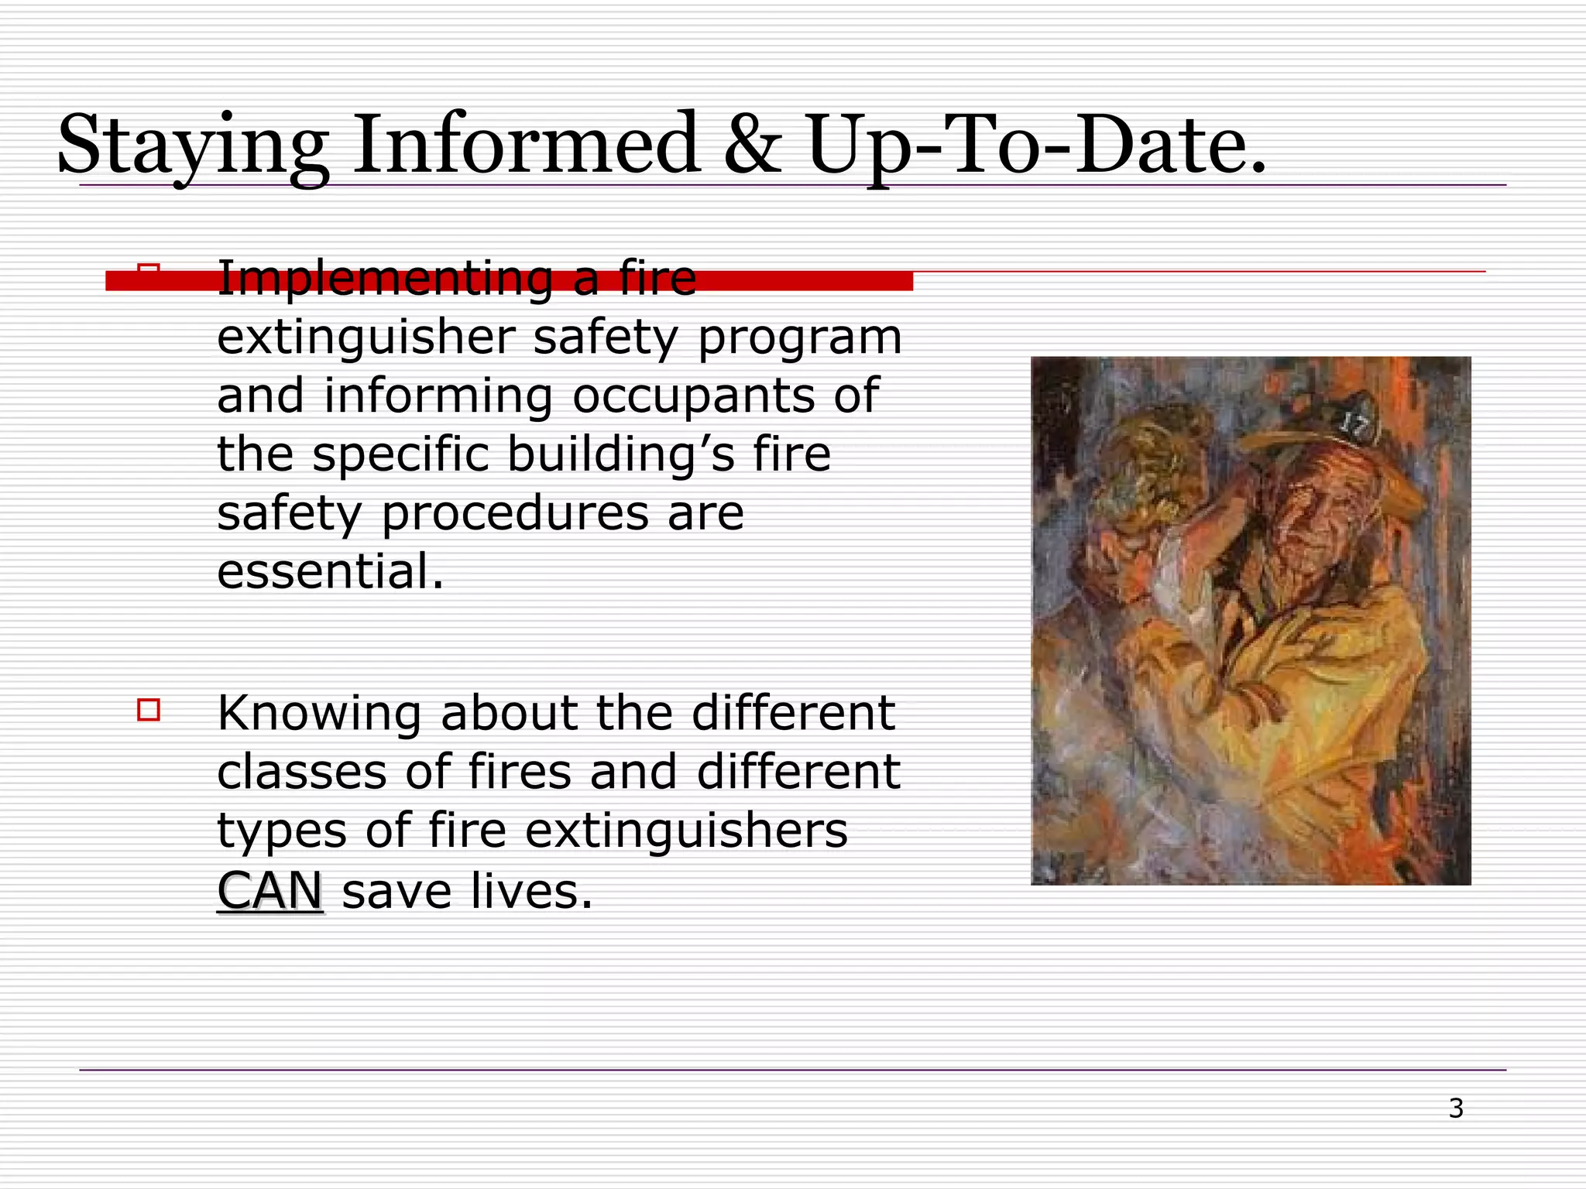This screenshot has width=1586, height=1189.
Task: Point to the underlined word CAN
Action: (269, 891)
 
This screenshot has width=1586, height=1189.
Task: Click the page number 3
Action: (1456, 1108)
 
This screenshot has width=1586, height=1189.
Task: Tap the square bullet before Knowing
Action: (149, 710)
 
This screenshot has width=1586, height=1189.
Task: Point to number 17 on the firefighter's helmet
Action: (1354, 425)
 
